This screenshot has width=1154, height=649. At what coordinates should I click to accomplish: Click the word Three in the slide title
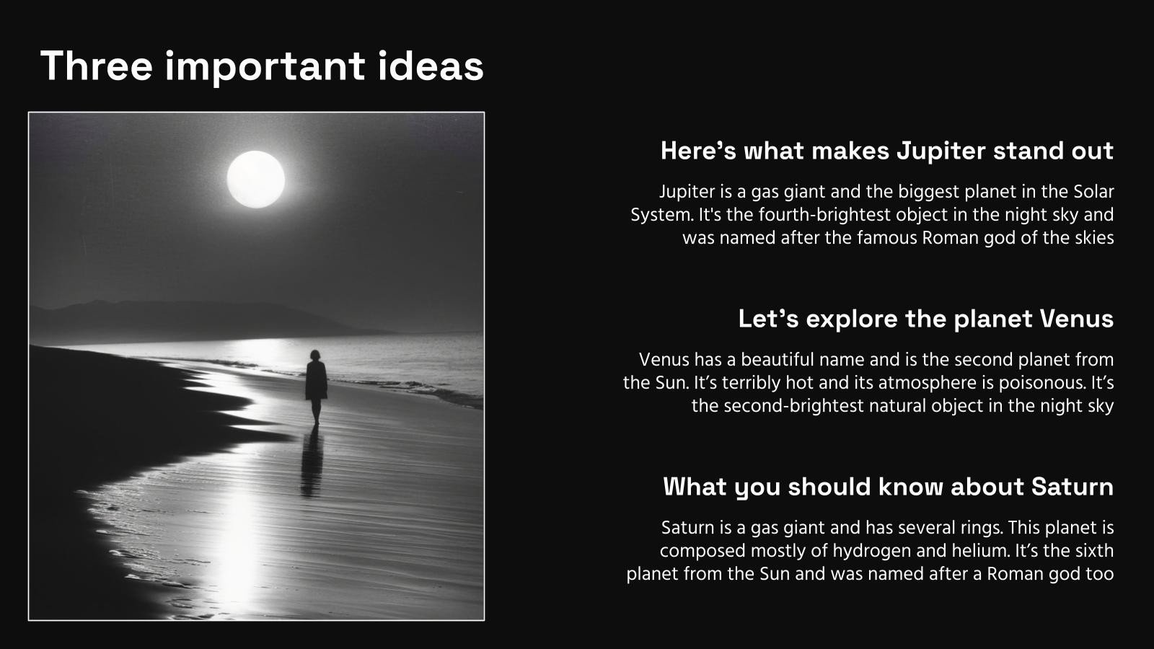97,66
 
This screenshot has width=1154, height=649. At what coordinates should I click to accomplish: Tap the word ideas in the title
431,66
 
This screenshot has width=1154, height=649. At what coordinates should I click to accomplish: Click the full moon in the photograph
256,180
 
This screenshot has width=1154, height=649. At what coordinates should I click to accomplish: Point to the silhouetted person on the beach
316,387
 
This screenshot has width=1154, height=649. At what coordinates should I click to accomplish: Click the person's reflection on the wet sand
312,464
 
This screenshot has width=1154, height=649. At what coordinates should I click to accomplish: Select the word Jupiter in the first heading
941,151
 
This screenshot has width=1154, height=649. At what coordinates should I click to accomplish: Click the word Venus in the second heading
1077,319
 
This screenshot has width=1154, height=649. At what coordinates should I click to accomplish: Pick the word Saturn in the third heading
1072,487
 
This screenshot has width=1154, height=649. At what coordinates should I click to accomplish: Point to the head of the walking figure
314,355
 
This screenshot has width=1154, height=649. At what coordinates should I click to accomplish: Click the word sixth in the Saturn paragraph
1091,551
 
